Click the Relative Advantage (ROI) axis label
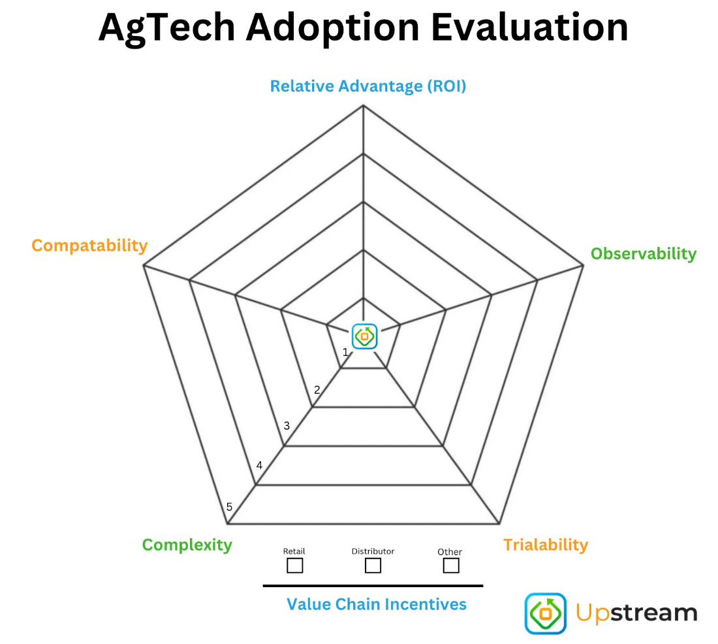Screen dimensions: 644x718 point(368,86)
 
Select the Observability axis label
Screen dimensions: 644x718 point(643,253)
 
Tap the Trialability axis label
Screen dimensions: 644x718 point(545,544)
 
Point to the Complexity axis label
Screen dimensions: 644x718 point(187,545)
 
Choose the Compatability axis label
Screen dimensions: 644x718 point(89,246)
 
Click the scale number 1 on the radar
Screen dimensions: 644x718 point(345,353)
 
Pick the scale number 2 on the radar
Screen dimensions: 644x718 point(317,391)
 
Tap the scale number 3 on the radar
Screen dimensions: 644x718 point(287,426)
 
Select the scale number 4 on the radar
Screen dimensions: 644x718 point(259,466)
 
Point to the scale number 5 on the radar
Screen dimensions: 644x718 point(229,507)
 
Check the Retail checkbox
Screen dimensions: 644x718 point(295,565)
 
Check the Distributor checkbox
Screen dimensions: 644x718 point(373,565)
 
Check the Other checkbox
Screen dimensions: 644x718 point(450,565)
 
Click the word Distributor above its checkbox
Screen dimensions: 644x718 point(373,551)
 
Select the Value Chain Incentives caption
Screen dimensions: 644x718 point(377,604)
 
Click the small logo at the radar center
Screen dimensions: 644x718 point(365,336)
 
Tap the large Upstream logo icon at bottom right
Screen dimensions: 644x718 point(546,613)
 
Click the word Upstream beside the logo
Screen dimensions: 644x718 point(636,613)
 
